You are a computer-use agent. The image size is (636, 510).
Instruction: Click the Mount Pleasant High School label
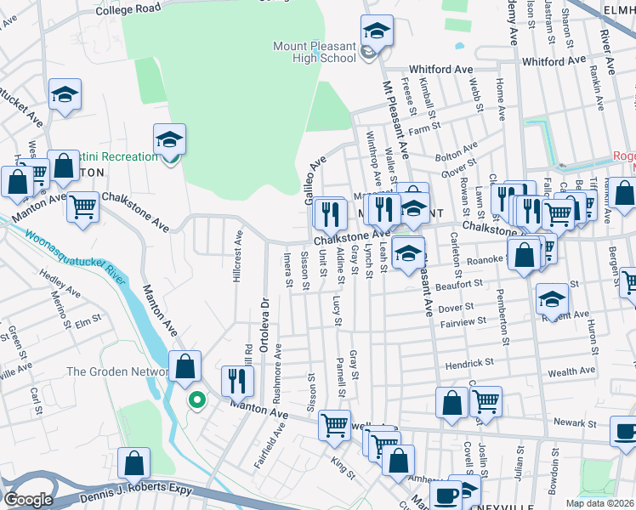314,52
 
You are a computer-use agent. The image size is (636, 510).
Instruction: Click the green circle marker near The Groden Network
197,399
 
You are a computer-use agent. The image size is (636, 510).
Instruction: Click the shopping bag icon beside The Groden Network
185,367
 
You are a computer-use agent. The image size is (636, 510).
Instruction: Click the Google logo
28,500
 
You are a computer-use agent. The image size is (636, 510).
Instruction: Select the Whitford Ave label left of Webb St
440,69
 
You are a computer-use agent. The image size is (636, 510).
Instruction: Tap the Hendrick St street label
469,364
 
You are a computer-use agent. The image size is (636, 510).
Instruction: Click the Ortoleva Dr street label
264,322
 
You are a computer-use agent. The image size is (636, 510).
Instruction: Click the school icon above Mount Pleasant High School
375,31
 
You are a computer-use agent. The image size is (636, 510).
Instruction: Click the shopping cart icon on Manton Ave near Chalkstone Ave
82,206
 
